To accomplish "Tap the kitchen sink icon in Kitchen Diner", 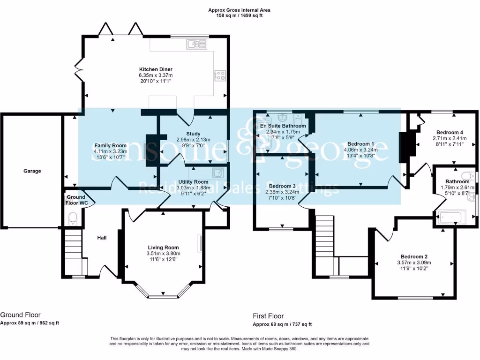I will [x=197, y=45].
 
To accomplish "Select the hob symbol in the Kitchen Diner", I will [x=219, y=75].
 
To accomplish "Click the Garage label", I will [x=32, y=171].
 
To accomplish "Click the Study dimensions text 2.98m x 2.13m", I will [x=193, y=140].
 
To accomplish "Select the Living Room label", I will [x=163, y=247].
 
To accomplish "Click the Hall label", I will [x=102, y=238].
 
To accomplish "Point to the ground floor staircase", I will [x=73, y=248].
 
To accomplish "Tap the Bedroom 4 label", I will [x=449, y=132].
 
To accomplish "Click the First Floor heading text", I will [x=268, y=316].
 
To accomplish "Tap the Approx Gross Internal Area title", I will [x=240, y=10].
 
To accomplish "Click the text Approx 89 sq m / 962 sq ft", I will [x=30, y=323].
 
